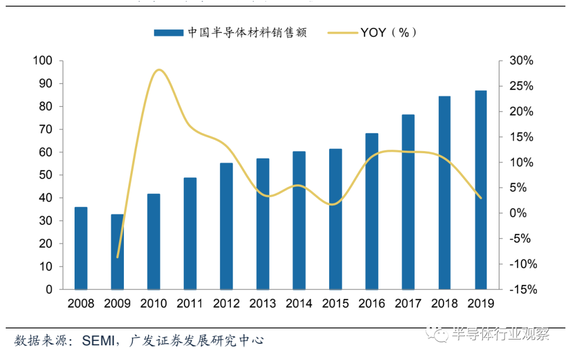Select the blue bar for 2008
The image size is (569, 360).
point(81,248)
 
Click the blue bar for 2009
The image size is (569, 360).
point(117,252)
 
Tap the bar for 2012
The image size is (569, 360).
point(226,226)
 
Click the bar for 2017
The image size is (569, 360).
point(408,202)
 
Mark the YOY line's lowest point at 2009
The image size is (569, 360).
point(118,257)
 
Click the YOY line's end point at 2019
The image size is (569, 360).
point(481,198)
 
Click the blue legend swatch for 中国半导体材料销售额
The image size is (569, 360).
point(167,33)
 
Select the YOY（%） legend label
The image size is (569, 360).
point(388,33)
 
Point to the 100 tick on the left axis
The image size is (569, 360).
point(43,61)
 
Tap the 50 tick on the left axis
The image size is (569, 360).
point(46,175)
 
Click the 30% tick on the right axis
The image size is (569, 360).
point(522,61)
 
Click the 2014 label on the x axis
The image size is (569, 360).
point(299,304)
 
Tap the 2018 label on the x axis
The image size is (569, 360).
point(444,304)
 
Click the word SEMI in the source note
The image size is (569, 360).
point(98,341)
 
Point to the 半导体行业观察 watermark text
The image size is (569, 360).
point(499,334)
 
